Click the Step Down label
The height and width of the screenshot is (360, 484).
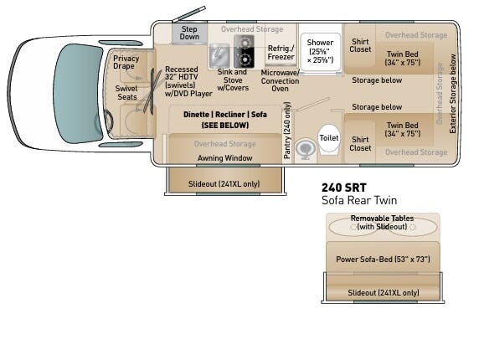pos(190,33)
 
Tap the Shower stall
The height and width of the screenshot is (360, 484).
pos(320,51)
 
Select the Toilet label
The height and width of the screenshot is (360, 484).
pos(328,137)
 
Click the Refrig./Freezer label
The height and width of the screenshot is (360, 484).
pos(279,53)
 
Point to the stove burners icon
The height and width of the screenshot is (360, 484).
pos(244,54)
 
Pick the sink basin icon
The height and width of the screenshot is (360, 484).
pos(219,55)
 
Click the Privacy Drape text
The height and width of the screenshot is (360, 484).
pos(126,63)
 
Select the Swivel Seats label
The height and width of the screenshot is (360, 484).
pos(126,93)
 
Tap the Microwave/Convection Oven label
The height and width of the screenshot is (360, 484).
pos(280,81)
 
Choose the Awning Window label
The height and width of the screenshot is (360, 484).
pos(224,157)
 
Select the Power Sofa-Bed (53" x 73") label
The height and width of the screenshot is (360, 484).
pos(382,259)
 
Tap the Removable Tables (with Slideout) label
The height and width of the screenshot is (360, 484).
pos(382,223)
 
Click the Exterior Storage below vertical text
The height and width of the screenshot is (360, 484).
pos(452,93)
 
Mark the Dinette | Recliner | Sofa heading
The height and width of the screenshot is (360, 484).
pos(224,114)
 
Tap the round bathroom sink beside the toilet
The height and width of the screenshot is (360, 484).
pos(304,148)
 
